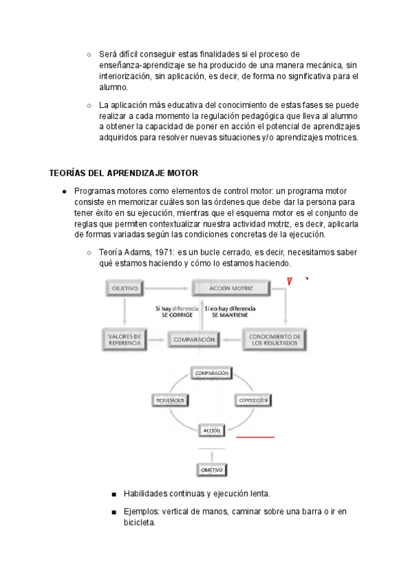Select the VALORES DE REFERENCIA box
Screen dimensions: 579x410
coord(124,339)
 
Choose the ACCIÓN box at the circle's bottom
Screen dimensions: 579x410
coord(211,431)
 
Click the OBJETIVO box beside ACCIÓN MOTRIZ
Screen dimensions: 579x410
coord(124,289)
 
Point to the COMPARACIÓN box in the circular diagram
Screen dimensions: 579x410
coord(211,373)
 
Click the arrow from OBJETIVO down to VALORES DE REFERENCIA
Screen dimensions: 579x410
coord(124,313)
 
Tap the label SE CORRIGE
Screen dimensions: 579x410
coord(177,315)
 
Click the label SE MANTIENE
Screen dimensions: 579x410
coord(229,315)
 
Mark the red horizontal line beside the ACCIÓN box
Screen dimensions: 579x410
coord(255,437)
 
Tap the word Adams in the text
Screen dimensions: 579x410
coord(134,252)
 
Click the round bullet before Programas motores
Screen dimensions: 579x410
coord(64,191)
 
